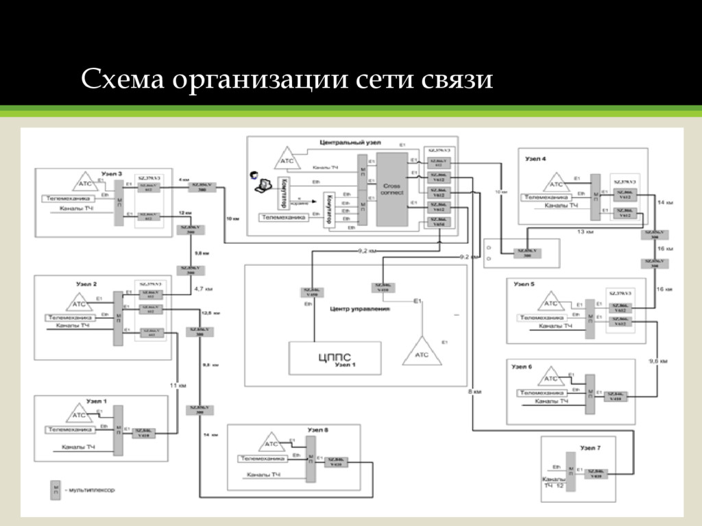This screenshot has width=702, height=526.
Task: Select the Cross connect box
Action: pyautogui.click(x=391, y=189)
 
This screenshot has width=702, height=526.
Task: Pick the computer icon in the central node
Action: pyautogui.click(x=261, y=184)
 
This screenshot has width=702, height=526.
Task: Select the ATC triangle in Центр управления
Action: pyautogui.click(x=422, y=353)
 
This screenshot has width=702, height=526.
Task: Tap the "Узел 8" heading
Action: pyautogui.click(x=317, y=429)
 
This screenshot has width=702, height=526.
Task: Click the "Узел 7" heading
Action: pyautogui.click(x=590, y=448)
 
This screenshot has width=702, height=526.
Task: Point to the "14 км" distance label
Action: pyautogui.click(x=665, y=203)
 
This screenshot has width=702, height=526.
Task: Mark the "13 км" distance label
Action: pyautogui.click(x=585, y=232)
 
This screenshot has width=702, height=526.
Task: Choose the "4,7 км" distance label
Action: pyautogui.click(x=204, y=288)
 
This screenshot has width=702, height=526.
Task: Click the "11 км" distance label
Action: pyautogui.click(x=178, y=386)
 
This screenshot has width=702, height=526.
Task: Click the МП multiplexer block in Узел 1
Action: pyautogui.click(x=119, y=430)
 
